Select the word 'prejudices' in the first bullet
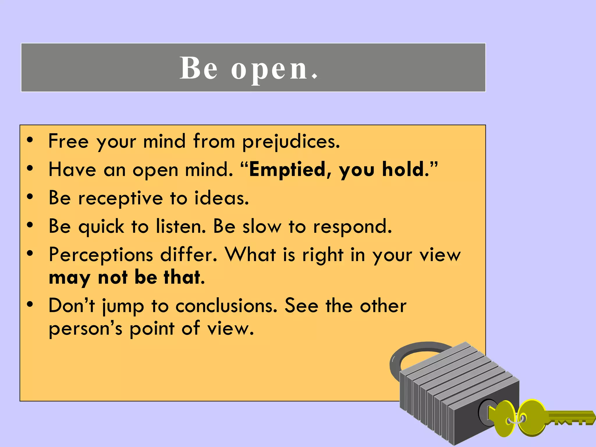click(291, 142)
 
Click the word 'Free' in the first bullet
click(68, 141)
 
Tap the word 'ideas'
click(221, 198)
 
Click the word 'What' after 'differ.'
click(251, 255)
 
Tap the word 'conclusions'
click(226, 306)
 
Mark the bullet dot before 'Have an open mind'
click(30, 168)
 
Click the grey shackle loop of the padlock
click(407, 354)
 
